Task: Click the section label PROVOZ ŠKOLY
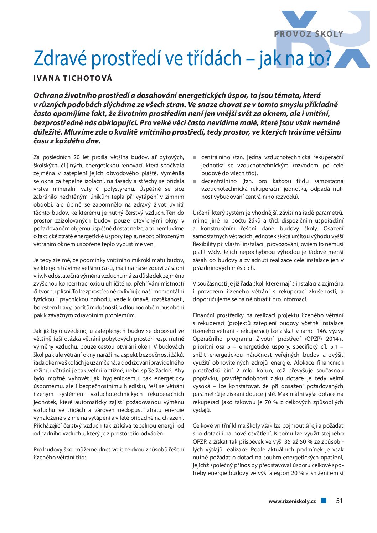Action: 309,34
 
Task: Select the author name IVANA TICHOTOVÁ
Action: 73,78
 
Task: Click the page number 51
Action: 339,501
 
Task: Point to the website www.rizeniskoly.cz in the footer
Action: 292,501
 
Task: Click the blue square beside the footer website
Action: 324,501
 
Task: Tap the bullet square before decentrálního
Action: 195,181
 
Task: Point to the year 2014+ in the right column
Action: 335,339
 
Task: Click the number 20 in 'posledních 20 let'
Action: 76,157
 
